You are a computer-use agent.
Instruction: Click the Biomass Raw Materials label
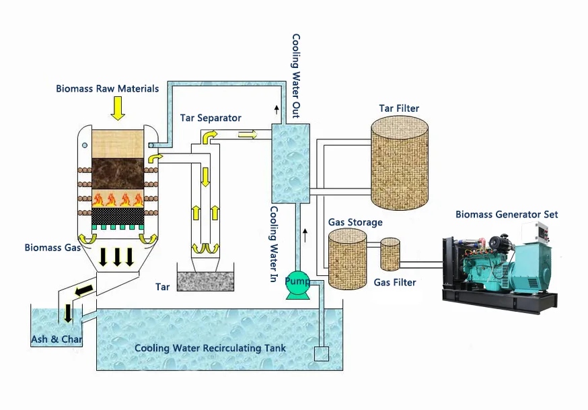[x=107, y=88]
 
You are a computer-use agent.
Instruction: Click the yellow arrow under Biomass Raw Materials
[x=118, y=108]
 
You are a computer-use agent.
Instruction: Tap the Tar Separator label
[x=211, y=118]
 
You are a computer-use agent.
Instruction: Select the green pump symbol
[x=298, y=285]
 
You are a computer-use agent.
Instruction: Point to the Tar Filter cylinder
[x=400, y=163]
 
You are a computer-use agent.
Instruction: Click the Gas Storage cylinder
[x=348, y=259]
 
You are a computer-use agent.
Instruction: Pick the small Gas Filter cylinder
[x=390, y=254]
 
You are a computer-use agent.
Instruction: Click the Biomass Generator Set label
[x=507, y=215]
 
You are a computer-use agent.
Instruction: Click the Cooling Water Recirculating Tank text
[x=210, y=348]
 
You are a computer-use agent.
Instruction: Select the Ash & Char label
[x=57, y=339]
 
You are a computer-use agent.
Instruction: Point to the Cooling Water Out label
[x=296, y=76]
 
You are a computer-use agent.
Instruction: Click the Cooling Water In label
[x=274, y=244]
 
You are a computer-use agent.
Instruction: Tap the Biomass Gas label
[x=52, y=248]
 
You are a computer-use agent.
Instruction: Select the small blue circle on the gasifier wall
[x=85, y=145]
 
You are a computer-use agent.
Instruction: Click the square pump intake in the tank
[x=322, y=353]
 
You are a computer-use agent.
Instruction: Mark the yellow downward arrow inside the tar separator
[x=205, y=177]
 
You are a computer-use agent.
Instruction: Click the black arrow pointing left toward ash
[x=84, y=290]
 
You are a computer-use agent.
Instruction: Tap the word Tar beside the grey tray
[x=162, y=287]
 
